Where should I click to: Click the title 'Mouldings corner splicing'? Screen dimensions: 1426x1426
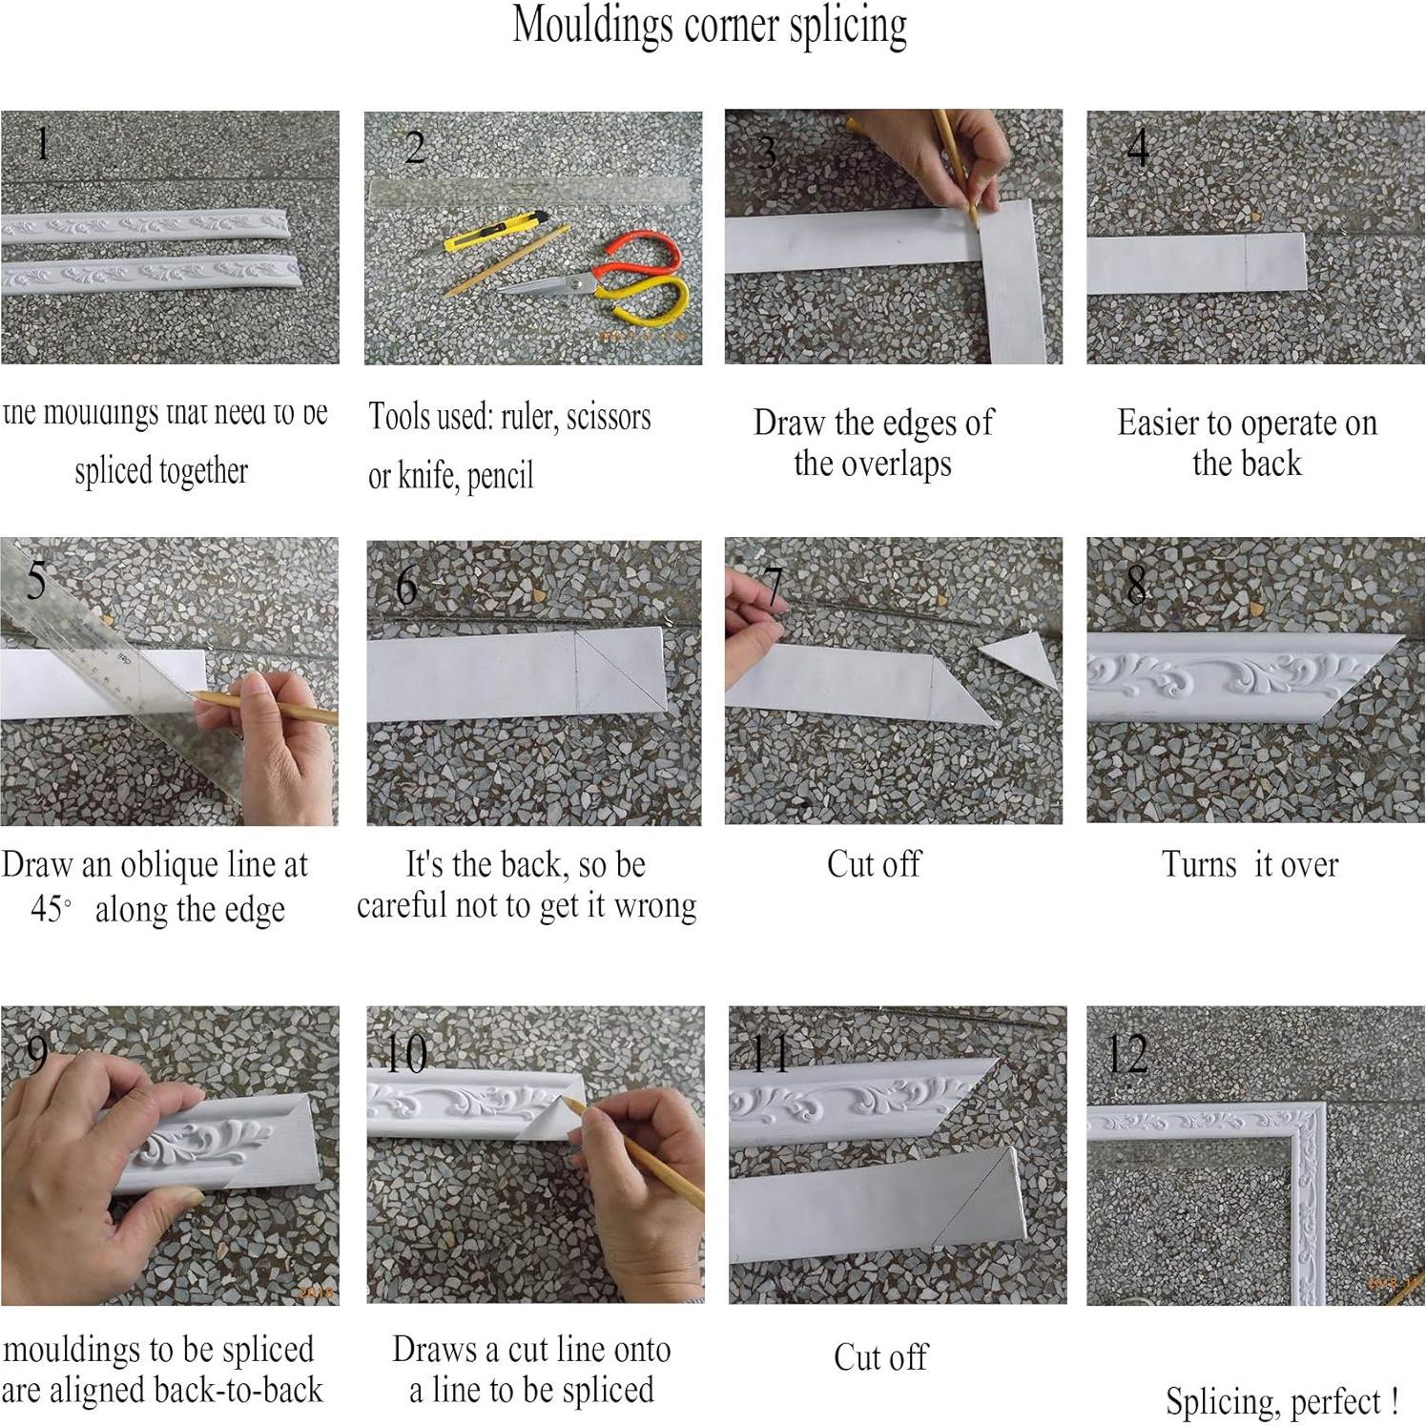point(710,26)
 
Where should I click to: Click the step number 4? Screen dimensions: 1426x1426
point(1137,148)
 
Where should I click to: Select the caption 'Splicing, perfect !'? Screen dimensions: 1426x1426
point(1282,1401)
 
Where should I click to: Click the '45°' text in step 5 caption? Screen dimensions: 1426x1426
point(51,908)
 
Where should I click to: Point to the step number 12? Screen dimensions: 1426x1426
point(1126,1053)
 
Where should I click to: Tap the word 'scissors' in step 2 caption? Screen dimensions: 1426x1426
point(609,418)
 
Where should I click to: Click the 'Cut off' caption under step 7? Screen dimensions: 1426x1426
point(874,864)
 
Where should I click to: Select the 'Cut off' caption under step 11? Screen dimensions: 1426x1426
point(879,1357)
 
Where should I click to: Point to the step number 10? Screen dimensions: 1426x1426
point(405,1053)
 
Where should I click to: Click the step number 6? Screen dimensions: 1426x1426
point(406,586)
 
